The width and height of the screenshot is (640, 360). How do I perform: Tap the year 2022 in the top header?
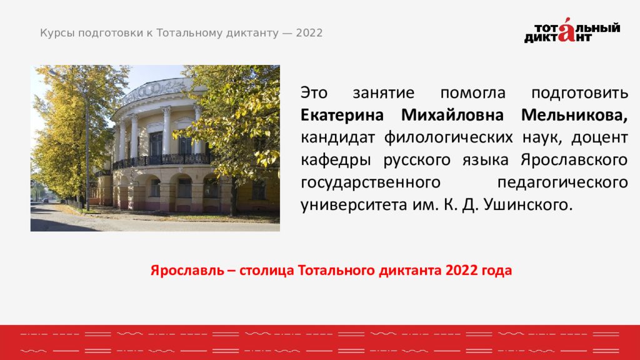point(309,33)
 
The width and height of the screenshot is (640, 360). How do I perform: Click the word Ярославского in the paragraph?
point(573,159)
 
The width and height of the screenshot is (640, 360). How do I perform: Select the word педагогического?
point(562,182)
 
